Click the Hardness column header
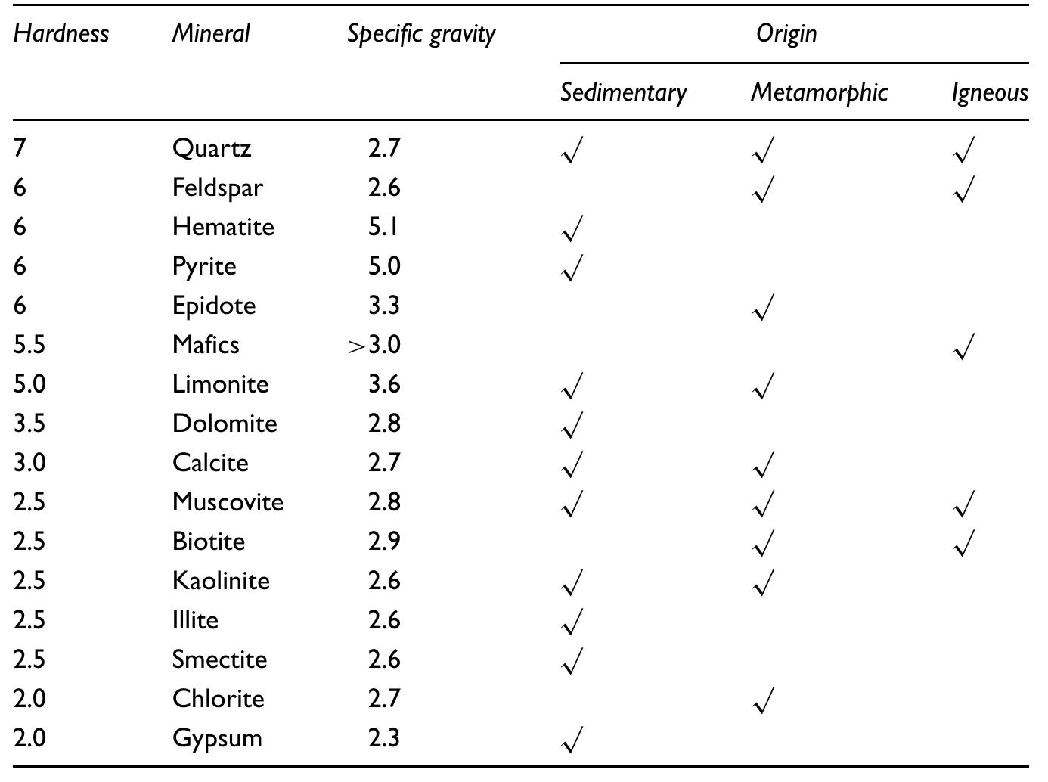[61, 33]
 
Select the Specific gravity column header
[421, 34]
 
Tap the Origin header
[786, 33]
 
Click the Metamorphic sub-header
[819, 92]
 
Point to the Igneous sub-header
[989, 92]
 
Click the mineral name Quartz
[212, 148]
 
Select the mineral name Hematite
[223, 227]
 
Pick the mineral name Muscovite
[228, 502]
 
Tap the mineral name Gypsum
[217, 738]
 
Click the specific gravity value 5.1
[384, 227]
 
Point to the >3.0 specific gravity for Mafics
[374, 345]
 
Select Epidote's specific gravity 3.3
[384, 306]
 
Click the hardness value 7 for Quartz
[20, 148]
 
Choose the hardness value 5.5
[29, 345]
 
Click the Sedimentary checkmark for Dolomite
[573, 425]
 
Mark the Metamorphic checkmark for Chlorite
[764, 700]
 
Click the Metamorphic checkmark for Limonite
[764, 386]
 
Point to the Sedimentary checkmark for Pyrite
[573, 268]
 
